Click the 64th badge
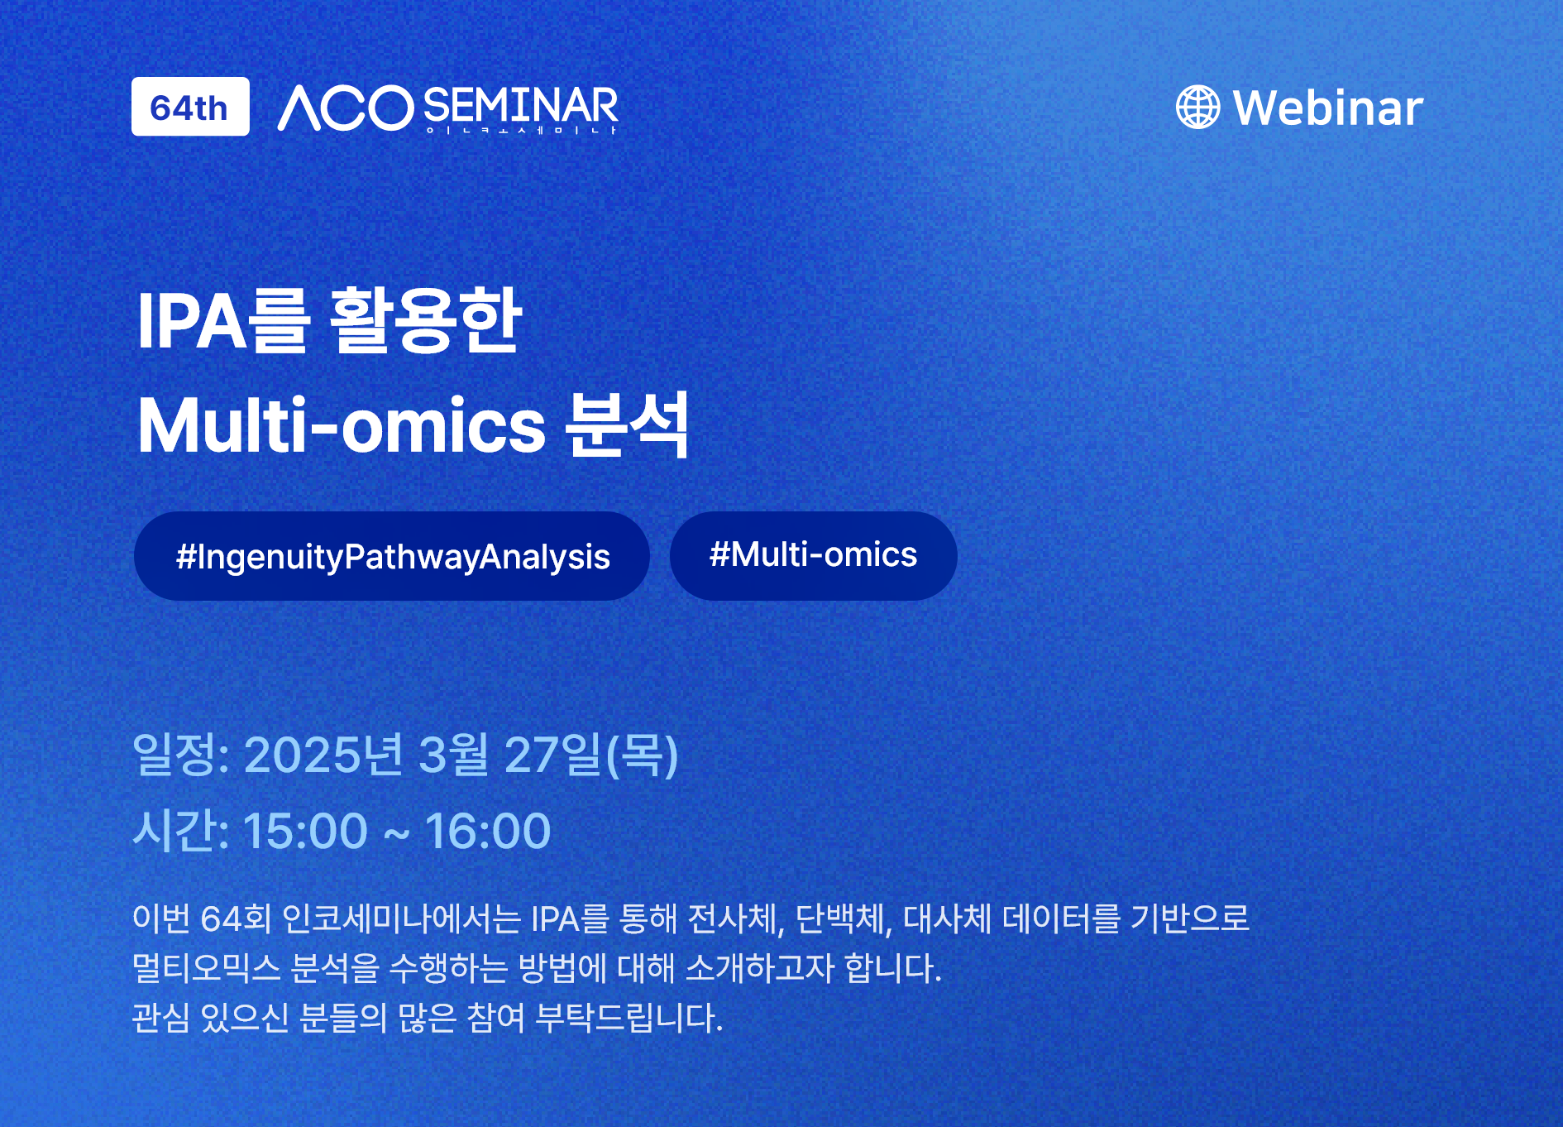(190, 107)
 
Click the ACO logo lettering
(346, 108)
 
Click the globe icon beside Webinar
(1197, 108)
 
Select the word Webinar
(1328, 108)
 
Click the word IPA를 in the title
(223, 320)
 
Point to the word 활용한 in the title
(426, 320)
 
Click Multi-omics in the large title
(342, 425)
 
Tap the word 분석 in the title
(627, 424)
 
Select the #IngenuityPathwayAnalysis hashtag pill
(392, 556)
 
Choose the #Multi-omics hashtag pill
(814, 555)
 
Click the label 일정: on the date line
(181, 755)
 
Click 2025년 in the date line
(323, 755)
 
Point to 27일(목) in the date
(591, 755)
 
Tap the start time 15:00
(305, 831)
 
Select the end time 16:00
(488, 831)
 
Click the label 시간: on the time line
(181, 830)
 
